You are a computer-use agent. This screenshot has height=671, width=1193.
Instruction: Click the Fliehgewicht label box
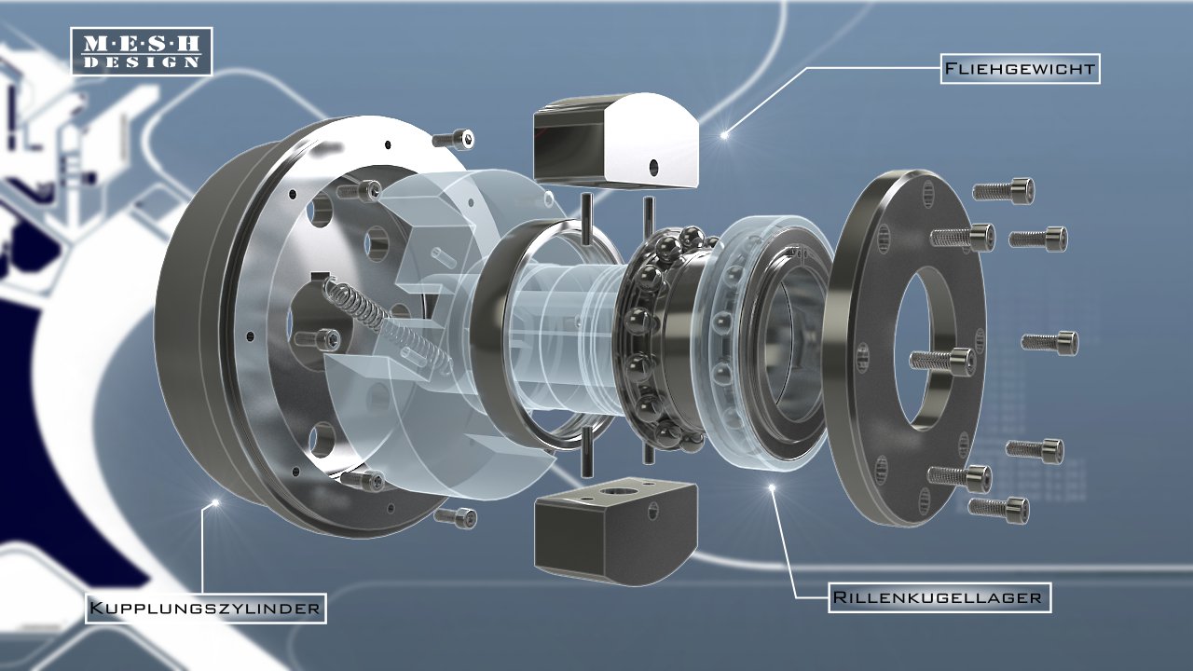point(1020,69)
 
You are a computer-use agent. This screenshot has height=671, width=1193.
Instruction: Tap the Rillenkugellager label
point(939,597)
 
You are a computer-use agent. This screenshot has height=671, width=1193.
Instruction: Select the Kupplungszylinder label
point(206,609)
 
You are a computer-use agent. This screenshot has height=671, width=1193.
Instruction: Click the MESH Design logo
point(142,51)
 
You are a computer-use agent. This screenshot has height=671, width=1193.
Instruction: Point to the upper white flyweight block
point(616,141)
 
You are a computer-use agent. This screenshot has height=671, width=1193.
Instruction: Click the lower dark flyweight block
point(616,530)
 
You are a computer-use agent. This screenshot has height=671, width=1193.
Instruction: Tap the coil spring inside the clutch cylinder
point(386,327)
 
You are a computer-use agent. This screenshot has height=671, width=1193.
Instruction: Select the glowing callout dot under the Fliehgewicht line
point(724,135)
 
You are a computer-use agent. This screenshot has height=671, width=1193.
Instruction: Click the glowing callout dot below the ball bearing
point(772,487)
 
